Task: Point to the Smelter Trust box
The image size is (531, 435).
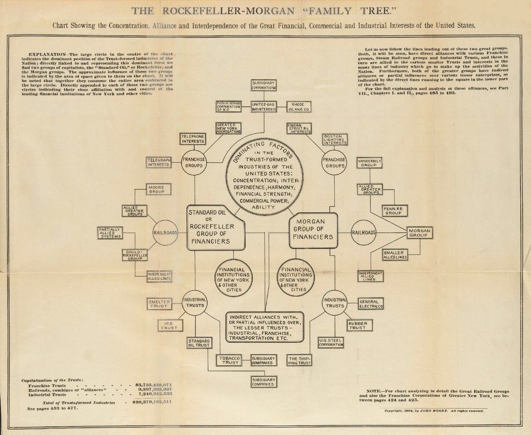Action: (x=158, y=303)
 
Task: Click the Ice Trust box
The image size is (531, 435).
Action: (x=169, y=325)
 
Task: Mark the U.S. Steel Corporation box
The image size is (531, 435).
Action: (x=331, y=342)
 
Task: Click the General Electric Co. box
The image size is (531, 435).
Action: (x=371, y=303)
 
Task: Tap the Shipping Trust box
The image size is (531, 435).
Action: (x=300, y=360)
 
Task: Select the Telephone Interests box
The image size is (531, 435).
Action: (x=192, y=139)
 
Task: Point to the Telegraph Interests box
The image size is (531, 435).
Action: (x=159, y=162)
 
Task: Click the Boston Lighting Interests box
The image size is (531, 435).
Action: (x=335, y=139)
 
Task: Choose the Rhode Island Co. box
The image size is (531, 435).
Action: (x=300, y=107)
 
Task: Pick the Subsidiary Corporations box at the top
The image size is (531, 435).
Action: (x=264, y=85)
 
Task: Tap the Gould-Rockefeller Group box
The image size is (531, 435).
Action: (x=135, y=255)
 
